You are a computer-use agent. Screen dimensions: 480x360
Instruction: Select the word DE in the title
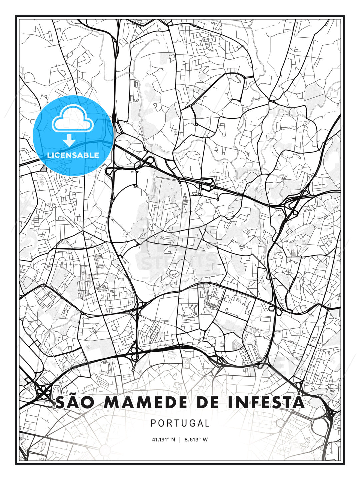(x=200, y=403)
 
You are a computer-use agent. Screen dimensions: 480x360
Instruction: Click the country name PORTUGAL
(x=180, y=423)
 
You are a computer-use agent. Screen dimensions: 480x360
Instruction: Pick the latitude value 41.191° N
(x=163, y=439)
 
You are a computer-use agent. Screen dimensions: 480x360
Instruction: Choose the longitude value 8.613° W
(x=197, y=439)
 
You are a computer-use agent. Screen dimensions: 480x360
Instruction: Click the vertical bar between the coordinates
(x=180, y=439)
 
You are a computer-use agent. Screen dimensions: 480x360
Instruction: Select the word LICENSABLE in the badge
(x=73, y=155)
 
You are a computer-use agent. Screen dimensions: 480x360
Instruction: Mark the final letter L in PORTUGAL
(x=207, y=423)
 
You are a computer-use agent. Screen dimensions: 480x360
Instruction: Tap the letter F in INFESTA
(x=248, y=403)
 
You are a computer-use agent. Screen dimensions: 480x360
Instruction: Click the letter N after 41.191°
(x=173, y=439)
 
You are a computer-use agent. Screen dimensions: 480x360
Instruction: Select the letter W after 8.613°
(x=205, y=439)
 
